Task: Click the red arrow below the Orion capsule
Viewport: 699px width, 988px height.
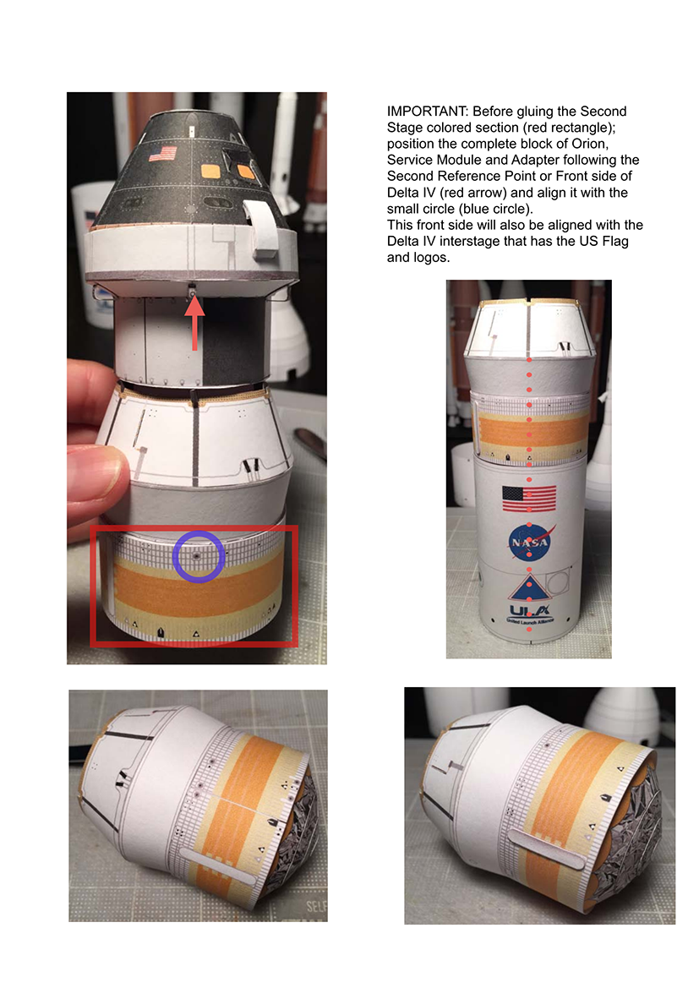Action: coord(194,323)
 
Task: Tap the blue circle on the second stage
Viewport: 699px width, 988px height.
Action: coord(199,533)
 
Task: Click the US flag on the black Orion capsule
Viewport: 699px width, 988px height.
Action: coord(163,154)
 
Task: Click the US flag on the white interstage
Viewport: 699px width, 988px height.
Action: coord(529,499)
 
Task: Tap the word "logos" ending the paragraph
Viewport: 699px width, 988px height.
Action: coord(430,258)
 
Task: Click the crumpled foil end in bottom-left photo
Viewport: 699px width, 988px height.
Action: coord(290,826)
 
